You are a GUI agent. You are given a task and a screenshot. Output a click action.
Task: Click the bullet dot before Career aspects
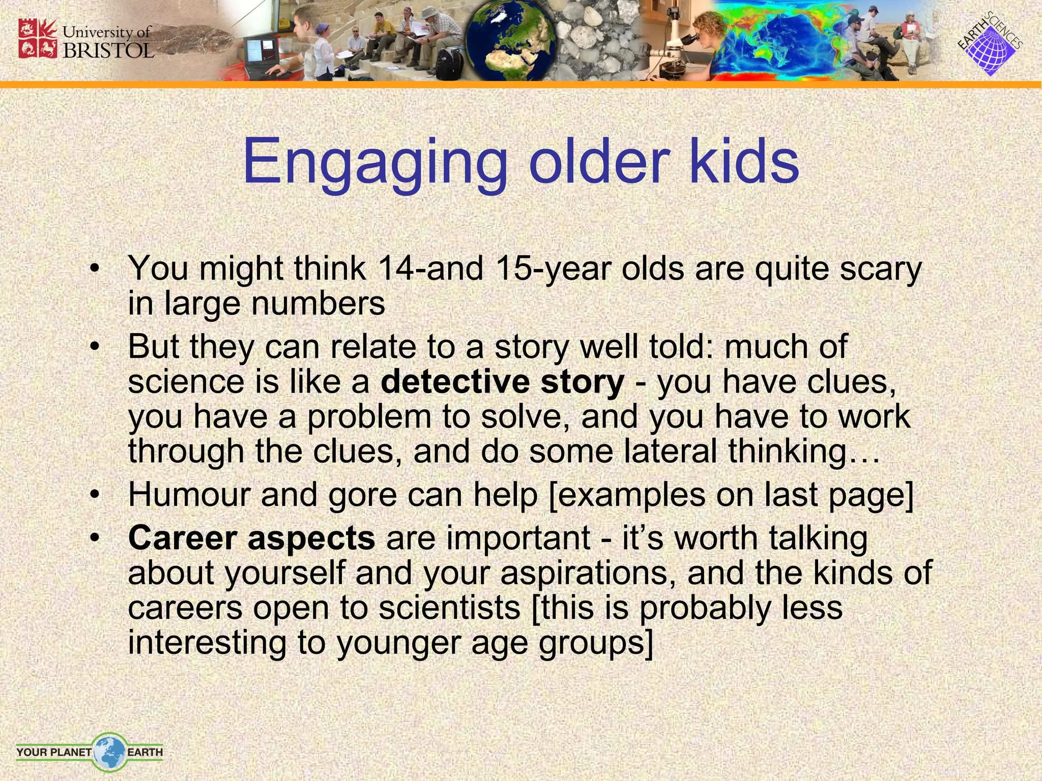(x=94, y=538)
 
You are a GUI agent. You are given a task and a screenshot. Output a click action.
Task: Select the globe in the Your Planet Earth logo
(x=109, y=751)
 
